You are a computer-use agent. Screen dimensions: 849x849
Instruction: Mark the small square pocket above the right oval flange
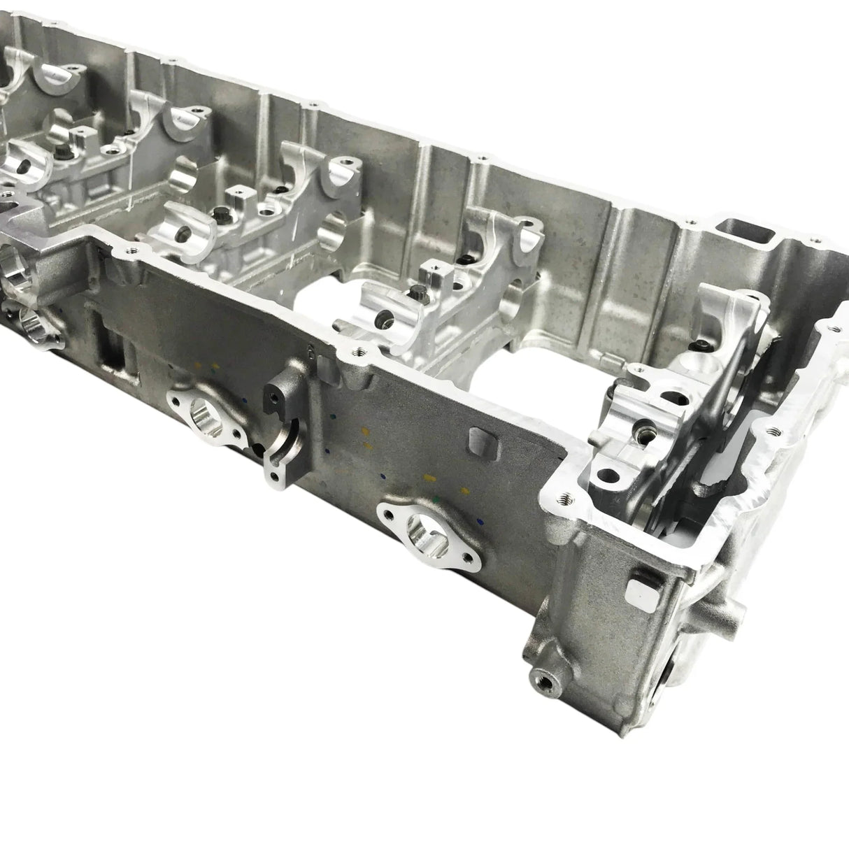(477, 438)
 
